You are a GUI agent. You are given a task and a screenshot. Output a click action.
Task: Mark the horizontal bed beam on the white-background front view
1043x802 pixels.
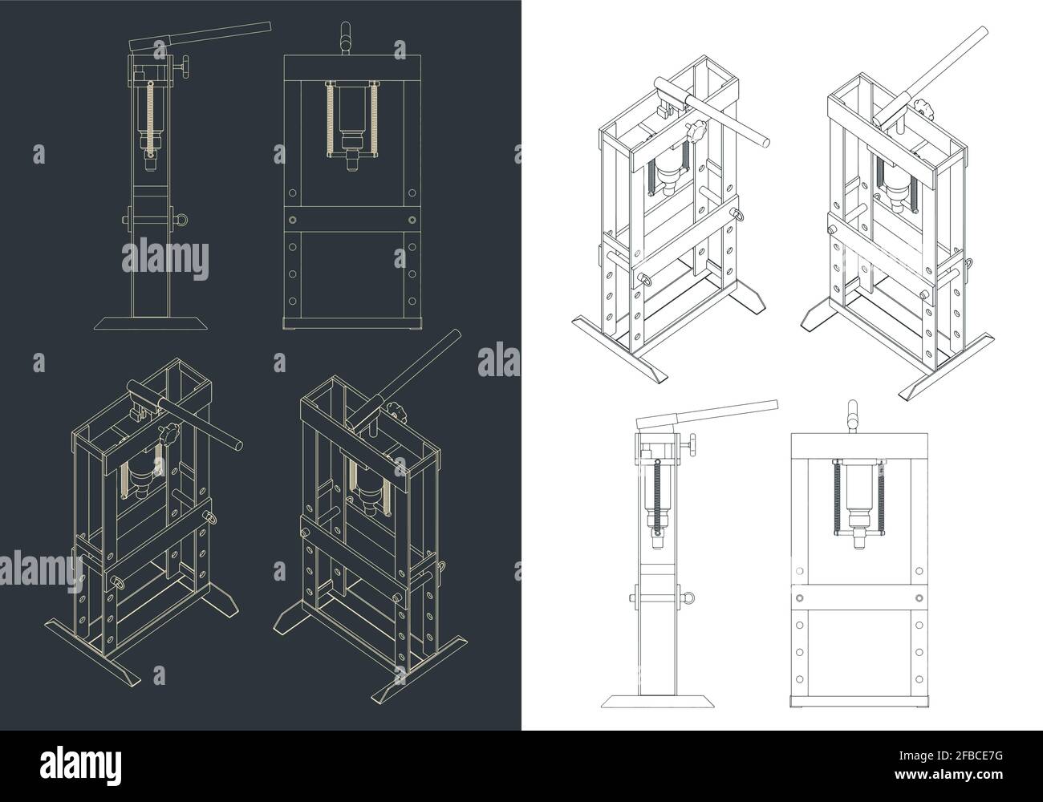(856, 597)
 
